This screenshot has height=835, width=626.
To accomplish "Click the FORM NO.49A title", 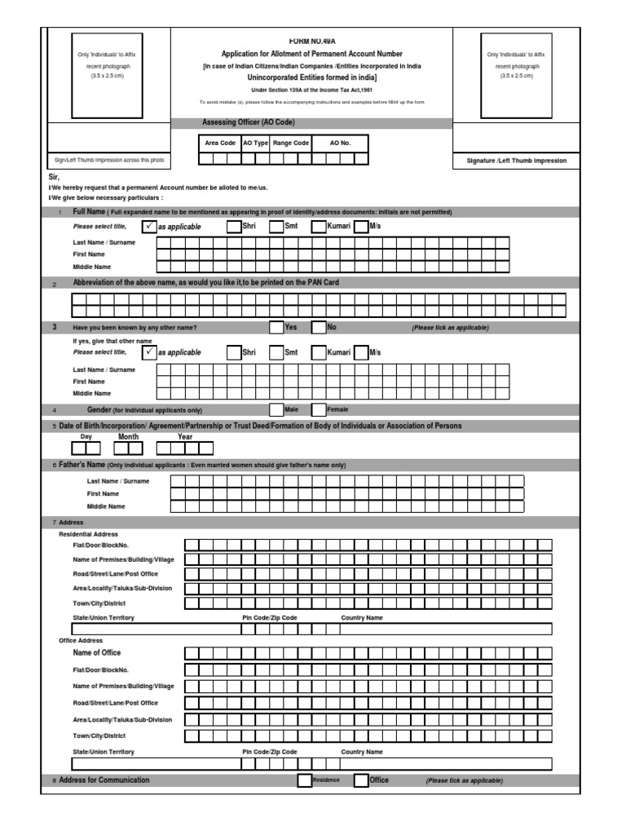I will pyautogui.click(x=311, y=40).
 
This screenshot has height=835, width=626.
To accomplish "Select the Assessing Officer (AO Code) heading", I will pyautogui.click(x=249, y=122).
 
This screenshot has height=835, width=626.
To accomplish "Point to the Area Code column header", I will pyautogui.click(x=220, y=143).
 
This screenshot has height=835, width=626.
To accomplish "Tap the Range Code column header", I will pyautogui.click(x=290, y=143).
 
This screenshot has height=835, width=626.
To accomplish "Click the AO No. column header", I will pyautogui.click(x=340, y=143).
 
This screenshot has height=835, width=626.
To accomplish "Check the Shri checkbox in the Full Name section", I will pyautogui.click(x=234, y=226).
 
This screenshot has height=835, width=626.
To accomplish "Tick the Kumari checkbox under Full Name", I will pyautogui.click(x=319, y=226).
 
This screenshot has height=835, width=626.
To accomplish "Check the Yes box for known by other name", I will pyautogui.click(x=276, y=327).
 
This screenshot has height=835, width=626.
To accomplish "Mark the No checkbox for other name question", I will pyautogui.click(x=319, y=327).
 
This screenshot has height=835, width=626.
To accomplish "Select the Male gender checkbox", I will pyautogui.click(x=276, y=409).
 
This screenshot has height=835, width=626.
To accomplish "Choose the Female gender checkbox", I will pyautogui.click(x=319, y=409).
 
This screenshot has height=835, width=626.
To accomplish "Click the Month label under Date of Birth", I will pyautogui.click(x=129, y=437).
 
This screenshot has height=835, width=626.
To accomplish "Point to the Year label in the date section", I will pyautogui.click(x=185, y=437).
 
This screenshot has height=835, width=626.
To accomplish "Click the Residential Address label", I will pyautogui.click(x=89, y=533).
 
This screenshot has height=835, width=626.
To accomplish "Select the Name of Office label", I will pyautogui.click(x=97, y=653).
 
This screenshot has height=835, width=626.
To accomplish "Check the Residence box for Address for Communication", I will pyautogui.click(x=304, y=780).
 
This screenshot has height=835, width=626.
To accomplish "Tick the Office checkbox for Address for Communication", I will pyautogui.click(x=361, y=780).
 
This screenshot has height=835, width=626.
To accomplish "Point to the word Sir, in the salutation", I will pyautogui.click(x=55, y=177).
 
